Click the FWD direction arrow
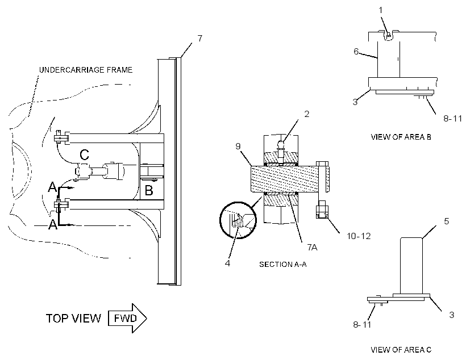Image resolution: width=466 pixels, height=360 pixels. coord(127,318)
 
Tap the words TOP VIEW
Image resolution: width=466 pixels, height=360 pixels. coord(73,318)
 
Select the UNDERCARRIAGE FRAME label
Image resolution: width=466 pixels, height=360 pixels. coord(86,70)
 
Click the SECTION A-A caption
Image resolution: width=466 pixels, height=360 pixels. coord(282,264)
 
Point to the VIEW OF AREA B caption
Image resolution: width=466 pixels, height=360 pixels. coord(401,137)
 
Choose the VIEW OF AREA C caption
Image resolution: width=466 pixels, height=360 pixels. coord(401,350)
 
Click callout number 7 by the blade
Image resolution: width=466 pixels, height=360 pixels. coord(199,38)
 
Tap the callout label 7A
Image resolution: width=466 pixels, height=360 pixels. coord(312,247)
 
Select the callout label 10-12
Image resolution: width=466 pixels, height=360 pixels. coord(359,236)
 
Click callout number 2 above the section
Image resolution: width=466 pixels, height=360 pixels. coord(307,114)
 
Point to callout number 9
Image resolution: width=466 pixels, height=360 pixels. coord(238,146)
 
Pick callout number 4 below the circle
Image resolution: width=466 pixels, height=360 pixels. coord(227,263)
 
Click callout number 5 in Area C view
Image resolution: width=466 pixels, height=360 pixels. coord(446,221)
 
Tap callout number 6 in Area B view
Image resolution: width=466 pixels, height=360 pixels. coord(356,51)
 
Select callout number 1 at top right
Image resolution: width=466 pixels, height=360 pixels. coord(381,10)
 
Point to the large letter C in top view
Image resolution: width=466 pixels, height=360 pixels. coord(85,155)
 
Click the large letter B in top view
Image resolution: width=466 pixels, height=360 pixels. coord(149,190)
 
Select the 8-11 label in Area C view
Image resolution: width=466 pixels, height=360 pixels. coord(362,325)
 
